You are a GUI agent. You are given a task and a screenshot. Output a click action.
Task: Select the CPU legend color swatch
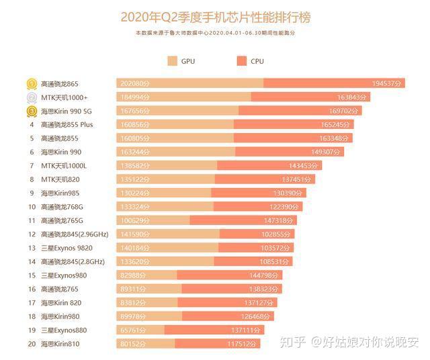241,61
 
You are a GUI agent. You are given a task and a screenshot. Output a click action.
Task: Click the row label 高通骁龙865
60,84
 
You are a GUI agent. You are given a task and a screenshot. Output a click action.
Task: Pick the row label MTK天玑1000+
64,97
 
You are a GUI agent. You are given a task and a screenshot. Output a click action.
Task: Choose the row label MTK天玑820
60,179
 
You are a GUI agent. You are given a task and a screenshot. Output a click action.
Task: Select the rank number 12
32,234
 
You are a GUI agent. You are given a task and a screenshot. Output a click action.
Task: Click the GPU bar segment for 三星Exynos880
140,330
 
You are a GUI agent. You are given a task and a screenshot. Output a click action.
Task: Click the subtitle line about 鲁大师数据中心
215,32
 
